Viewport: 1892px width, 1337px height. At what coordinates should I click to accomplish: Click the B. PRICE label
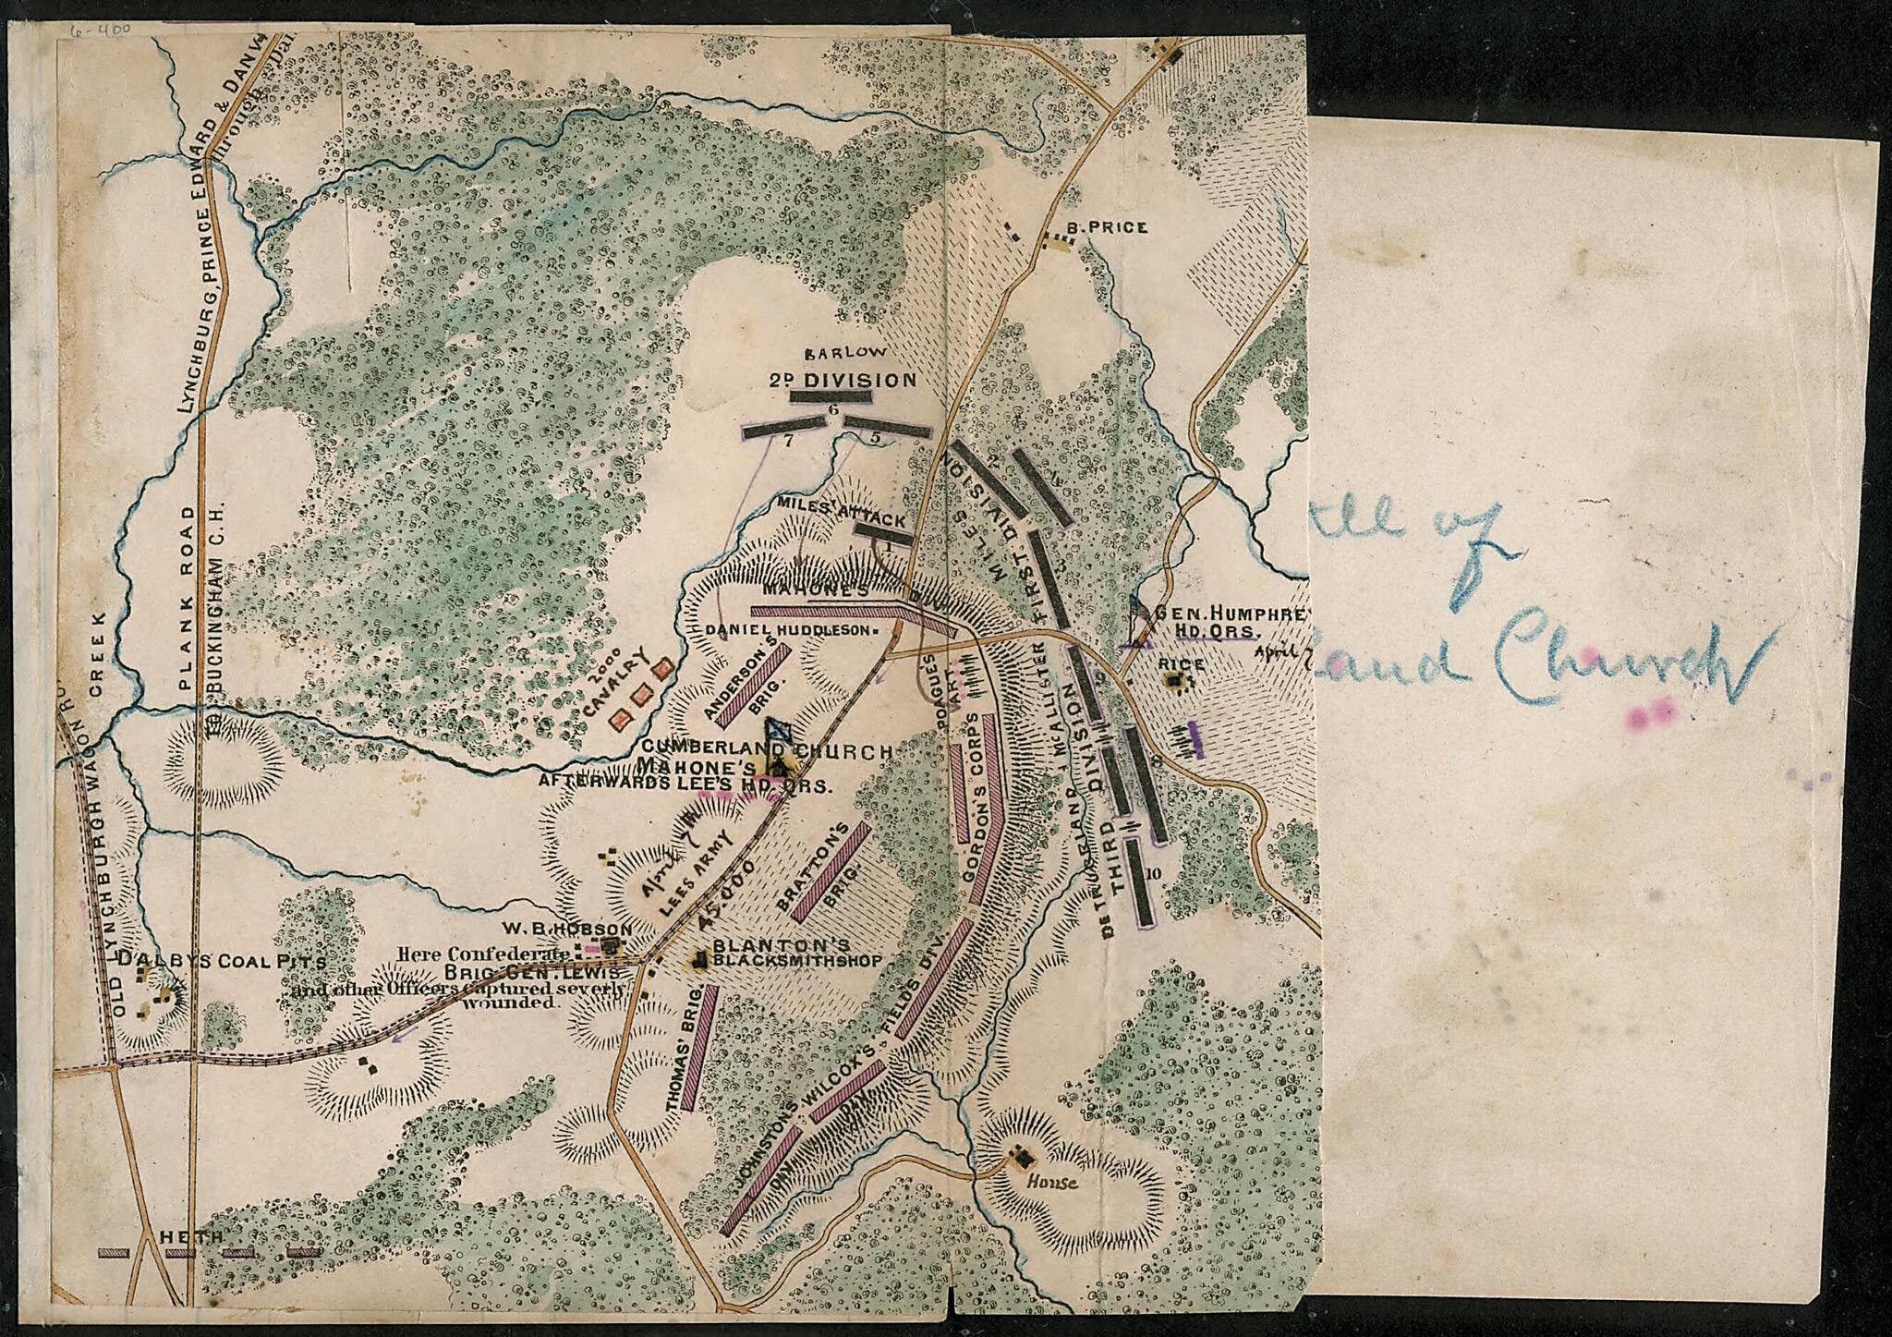[x=1106, y=227]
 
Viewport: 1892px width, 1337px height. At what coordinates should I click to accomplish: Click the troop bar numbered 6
[x=831, y=396]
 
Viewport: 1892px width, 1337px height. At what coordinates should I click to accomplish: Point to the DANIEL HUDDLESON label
[x=789, y=630]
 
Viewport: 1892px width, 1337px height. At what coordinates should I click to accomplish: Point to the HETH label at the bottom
[x=191, y=1236]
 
